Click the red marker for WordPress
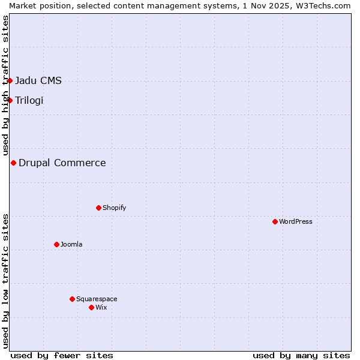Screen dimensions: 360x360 (275, 221)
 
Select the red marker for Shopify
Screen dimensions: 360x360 (98, 208)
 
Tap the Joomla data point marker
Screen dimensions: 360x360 (56, 244)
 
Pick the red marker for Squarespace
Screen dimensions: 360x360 (72, 299)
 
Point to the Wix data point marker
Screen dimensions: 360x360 (91, 307)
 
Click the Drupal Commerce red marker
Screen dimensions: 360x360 (13, 163)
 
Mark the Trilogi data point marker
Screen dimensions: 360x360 (10, 100)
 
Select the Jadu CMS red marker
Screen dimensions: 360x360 (10, 80)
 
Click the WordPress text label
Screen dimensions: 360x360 (296, 221)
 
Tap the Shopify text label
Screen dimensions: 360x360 (115, 208)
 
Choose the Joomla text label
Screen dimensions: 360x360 (71, 244)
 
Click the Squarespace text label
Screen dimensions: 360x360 (97, 299)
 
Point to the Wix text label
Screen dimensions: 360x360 (101, 307)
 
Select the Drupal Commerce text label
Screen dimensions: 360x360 (62, 163)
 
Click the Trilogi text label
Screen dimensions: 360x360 (29, 100)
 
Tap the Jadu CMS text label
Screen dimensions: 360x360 (38, 80)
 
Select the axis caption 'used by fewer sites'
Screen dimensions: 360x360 (62, 355)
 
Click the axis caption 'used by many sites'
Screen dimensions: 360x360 (301, 355)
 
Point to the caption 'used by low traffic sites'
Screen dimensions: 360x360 (5, 281)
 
